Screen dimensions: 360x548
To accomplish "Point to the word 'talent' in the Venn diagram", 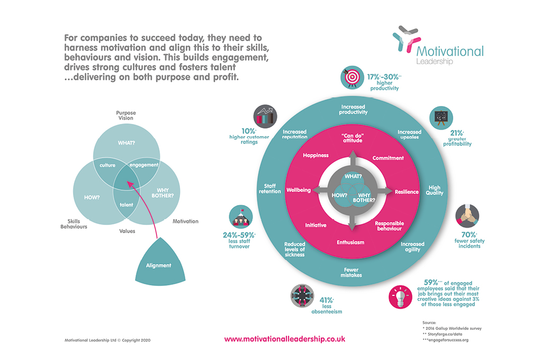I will point(126,205).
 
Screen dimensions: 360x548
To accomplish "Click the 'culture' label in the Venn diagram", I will point(108,165).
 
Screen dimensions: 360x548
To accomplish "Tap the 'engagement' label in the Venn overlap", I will point(144,165).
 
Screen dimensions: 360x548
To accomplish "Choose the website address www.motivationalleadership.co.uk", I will point(284,339).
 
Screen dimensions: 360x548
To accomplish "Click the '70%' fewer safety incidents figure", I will point(468,234).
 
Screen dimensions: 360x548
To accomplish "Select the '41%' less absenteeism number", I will point(325,300).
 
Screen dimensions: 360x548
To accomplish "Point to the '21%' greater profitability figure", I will point(456,133).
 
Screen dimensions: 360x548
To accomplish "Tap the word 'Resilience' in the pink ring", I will point(407,192).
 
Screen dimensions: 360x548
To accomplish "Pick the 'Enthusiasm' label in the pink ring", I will point(351,242).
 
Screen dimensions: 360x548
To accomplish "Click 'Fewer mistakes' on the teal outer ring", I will point(351,273).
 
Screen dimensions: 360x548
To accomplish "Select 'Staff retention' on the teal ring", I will point(269,188).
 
